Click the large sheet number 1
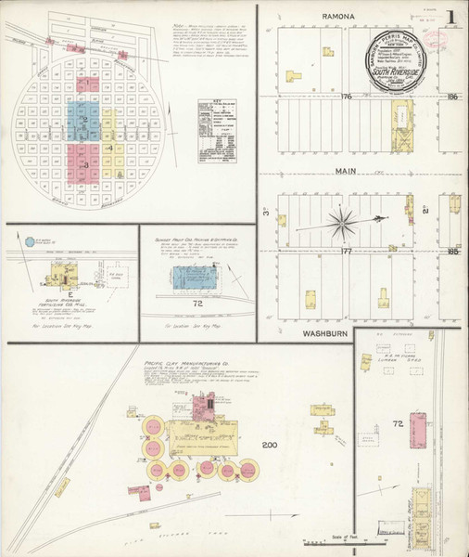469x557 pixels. [x=450, y=18]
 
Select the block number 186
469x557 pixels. [x=451, y=97]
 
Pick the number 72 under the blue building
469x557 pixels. [x=196, y=304]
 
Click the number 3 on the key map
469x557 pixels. [x=85, y=164]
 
